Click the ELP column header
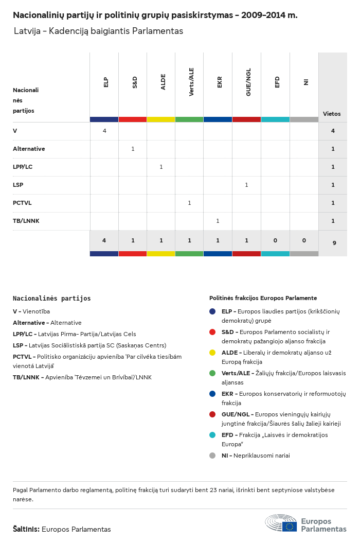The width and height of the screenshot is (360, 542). click(106, 82)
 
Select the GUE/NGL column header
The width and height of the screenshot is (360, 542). click(248, 85)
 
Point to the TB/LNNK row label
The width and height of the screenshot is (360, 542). click(26, 221)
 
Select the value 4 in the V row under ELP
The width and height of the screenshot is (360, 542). click(104, 131)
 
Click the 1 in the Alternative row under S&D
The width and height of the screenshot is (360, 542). click(133, 149)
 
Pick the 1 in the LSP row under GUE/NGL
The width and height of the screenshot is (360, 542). click(246, 185)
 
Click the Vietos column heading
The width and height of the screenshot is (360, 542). click(332, 114)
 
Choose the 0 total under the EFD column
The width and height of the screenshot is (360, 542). click(275, 240)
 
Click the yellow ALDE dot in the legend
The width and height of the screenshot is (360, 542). click(212, 353)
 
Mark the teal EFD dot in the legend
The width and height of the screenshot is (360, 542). click(212, 435)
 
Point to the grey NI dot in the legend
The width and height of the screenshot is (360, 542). click(212, 456)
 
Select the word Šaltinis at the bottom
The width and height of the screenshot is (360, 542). click(26, 529)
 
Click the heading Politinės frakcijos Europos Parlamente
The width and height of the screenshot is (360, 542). click(263, 298)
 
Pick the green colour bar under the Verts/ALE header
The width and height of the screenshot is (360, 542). click(189, 119)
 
